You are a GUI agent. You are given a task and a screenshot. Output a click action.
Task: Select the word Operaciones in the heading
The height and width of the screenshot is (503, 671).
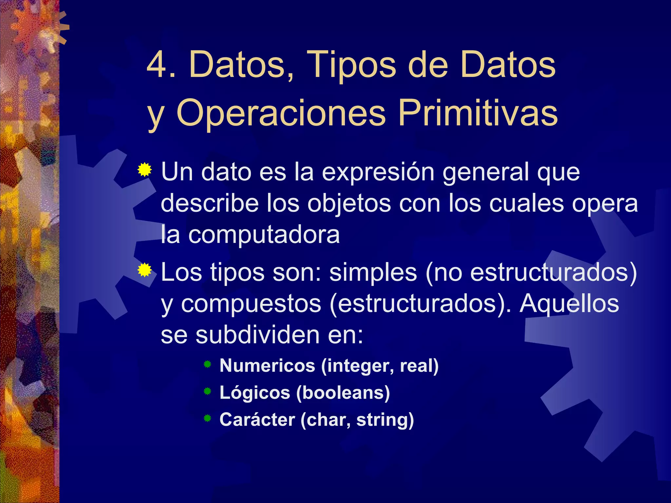(281, 113)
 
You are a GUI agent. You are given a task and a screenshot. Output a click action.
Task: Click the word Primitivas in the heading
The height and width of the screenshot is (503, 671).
(477, 113)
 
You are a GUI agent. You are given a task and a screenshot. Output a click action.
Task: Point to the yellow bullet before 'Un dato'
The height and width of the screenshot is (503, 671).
(144, 170)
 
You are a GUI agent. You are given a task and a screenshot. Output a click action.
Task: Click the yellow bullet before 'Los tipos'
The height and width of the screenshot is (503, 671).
(144, 270)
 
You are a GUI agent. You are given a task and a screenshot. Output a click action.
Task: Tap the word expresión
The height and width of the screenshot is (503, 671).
(378, 172)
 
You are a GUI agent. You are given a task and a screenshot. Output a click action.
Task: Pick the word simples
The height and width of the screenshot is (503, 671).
(373, 272)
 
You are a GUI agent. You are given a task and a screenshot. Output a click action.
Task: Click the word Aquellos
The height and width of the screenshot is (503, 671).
(569, 304)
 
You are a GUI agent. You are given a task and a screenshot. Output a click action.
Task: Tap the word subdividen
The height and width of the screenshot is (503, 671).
(258, 335)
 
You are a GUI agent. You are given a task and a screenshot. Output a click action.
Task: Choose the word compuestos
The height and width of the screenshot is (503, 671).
(251, 304)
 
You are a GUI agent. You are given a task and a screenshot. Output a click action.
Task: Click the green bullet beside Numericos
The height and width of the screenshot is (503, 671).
(207, 364)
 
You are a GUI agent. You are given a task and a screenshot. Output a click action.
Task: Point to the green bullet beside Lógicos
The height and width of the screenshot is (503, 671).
(207, 391)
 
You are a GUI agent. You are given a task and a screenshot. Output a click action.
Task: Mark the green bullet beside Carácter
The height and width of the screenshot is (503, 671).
(207, 418)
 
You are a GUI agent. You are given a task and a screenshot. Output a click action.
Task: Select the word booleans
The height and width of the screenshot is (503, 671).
(343, 393)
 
